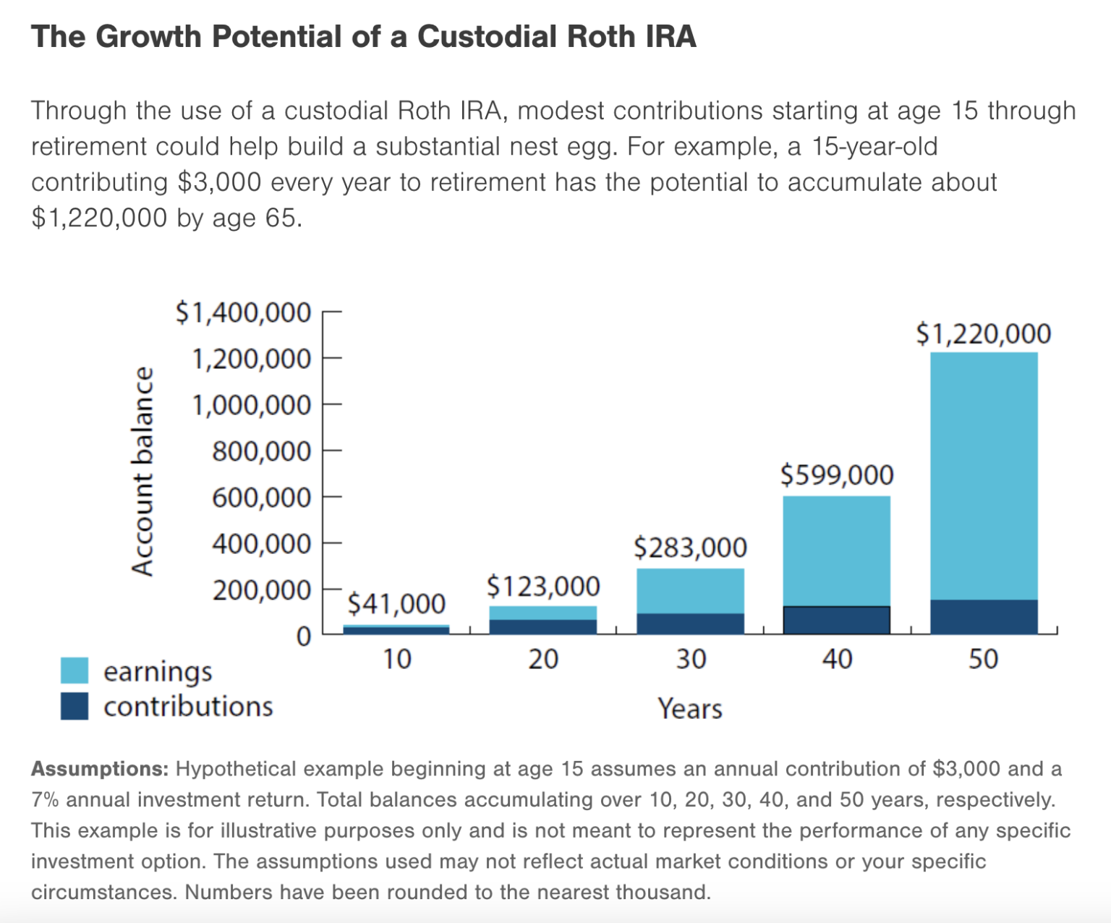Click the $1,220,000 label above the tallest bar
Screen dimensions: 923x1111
point(983,333)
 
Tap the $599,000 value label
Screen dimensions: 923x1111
point(837,475)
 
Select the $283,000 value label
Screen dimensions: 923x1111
point(690,548)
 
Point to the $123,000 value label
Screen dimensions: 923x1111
point(543,586)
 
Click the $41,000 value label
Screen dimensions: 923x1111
point(396,603)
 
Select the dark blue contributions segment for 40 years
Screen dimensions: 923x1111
point(837,620)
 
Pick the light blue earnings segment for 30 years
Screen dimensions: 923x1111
point(690,590)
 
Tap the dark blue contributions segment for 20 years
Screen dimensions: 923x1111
point(543,626)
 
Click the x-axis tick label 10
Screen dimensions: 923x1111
point(396,659)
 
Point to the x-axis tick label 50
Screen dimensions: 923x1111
point(984,659)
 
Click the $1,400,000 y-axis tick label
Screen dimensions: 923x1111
point(243,312)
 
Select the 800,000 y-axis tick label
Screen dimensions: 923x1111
point(261,451)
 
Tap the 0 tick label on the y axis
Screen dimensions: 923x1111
point(303,637)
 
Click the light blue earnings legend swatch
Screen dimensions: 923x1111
point(75,671)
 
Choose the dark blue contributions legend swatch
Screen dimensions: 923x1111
point(75,706)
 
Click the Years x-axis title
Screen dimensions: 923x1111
point(689,708)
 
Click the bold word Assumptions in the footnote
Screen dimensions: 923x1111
point(99,768)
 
